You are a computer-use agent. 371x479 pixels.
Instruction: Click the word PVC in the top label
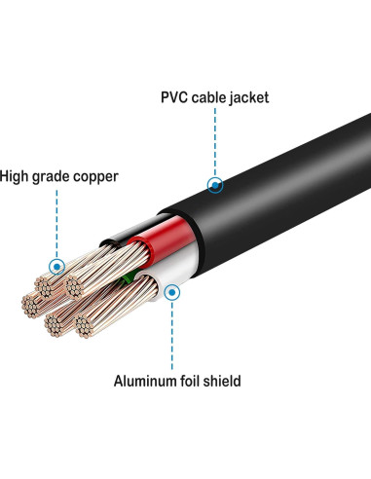(175, 97)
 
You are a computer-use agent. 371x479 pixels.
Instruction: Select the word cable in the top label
(209, 97)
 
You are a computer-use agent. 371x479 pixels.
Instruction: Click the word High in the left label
(18, 176)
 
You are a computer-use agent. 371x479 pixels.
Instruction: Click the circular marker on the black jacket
(216, 183)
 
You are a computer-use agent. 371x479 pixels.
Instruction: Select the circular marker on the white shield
(173, 290)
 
